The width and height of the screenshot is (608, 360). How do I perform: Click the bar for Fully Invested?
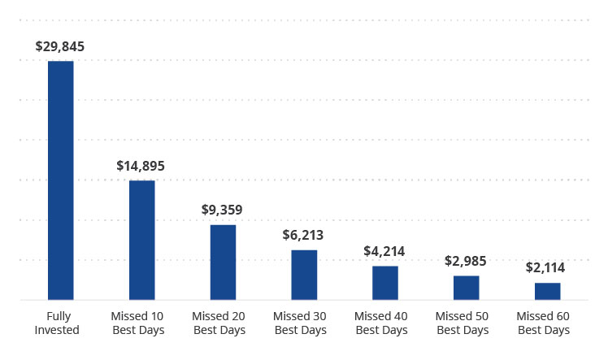pyautogui.click(x=61, y=180)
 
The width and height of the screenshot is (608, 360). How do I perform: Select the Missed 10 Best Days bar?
pyautogui.click(x=141, y=240)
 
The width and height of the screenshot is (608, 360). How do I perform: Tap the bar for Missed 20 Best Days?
pyautogui.click(x=223, y=262)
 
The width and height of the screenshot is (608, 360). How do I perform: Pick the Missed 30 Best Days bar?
pyautogui.click(x=304, y=275)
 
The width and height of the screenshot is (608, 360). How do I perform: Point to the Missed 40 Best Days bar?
pyautogui.click(x=385, y=283)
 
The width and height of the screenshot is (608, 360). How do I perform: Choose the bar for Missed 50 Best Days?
pyautogui.click(x=466, y=288)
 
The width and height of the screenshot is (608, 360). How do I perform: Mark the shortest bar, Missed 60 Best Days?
pyautogui.click(x=547, y=291)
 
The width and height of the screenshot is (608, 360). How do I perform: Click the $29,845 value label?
pyautogui.click(x=60, y=46)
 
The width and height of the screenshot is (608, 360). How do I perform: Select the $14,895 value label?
pyautogui.click(x=141, y=166)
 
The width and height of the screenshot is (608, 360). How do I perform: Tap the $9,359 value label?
pyautogui.click(x=222, y=210)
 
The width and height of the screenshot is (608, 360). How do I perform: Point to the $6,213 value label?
pyautogui.click(x=303, y=235)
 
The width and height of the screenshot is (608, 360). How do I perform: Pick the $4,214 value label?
pyautogui.click(x=384, y=251)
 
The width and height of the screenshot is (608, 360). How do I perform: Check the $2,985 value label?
pyautogui.click(x=465, y=261)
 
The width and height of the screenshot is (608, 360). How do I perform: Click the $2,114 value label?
pyautogui.click(x=545, y=267)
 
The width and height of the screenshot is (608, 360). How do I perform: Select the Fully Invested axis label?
pyautogui.click(x=62, y=323)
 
